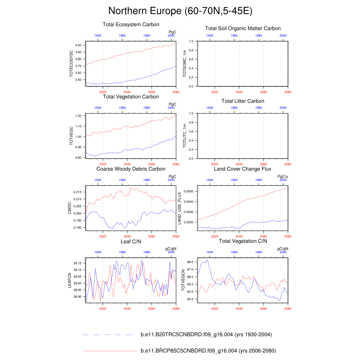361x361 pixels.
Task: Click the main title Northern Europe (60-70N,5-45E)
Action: point(180,11)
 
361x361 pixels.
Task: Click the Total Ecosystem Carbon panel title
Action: point(131,25)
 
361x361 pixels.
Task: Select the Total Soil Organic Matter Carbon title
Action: point(243,28)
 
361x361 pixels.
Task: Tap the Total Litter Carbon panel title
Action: point(243,101)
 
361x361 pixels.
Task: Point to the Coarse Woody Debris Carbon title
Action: point(131,169)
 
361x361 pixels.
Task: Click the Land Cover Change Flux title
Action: point(243,169)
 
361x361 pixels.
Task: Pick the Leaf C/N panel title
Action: point(131,241)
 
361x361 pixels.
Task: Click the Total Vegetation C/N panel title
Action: point(243,241)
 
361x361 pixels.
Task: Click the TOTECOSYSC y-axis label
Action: point(71,64)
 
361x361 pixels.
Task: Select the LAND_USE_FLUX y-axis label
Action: point(179,208)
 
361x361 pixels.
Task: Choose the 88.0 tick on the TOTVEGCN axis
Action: point(191,262)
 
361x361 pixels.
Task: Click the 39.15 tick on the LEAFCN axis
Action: point(78,263)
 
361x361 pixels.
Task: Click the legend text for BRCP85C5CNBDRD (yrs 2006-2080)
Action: point(208,351)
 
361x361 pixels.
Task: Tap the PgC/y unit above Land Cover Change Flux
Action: point(283,177)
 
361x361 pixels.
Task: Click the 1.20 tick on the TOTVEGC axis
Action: point(79,116)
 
